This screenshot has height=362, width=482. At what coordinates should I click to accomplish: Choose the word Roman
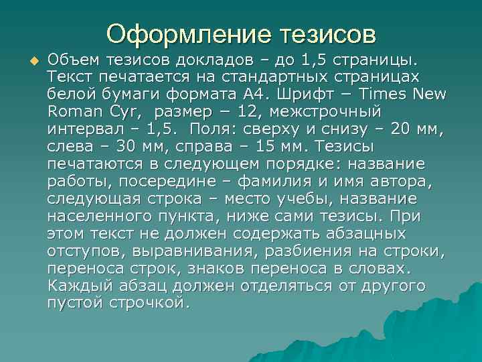tap(72, 110)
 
